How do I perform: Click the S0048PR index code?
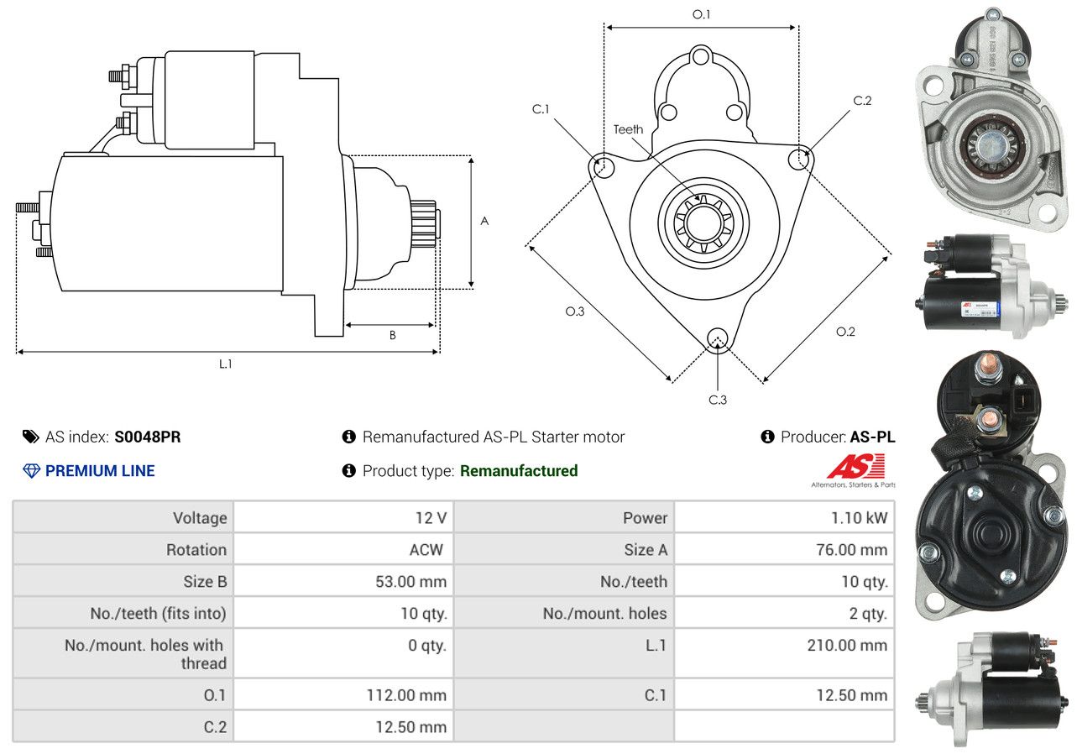148,437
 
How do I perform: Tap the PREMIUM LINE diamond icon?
31,471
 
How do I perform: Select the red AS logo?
856,466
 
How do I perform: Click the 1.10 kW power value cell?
785,517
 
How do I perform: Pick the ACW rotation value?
426,550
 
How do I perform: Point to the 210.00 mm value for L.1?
847,646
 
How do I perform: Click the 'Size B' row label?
205,582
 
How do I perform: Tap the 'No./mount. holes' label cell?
564,613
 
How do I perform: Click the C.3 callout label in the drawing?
718,400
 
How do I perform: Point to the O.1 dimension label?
701,15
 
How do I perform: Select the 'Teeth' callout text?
628,129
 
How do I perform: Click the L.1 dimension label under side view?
226,364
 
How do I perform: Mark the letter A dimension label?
484,221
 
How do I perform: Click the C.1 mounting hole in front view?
602,166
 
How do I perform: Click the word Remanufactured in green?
519,471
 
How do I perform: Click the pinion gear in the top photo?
990,147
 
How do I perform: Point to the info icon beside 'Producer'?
767,437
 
